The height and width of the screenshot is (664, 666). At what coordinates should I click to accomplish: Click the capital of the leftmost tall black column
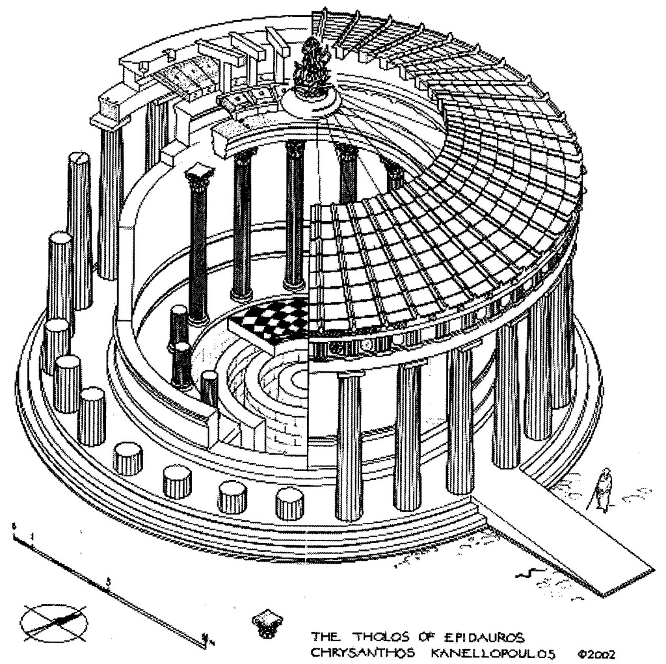pyautogui.click(x=198, y=173)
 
